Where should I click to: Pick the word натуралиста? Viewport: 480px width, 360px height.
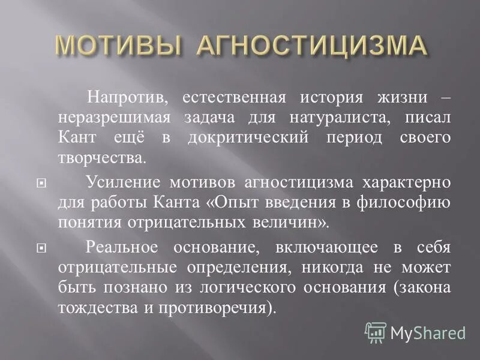319,118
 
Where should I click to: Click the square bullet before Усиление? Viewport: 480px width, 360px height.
40,182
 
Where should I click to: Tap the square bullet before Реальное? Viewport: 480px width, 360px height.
40,248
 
